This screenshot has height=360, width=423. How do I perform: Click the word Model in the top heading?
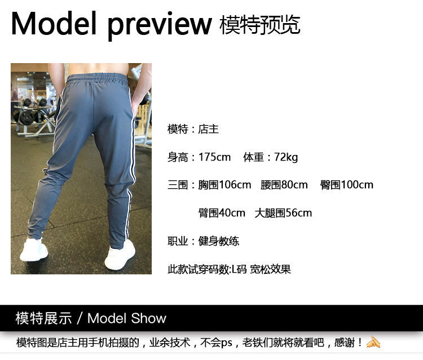[x=54, y=24]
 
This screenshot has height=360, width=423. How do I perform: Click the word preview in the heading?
[x=160, y=26]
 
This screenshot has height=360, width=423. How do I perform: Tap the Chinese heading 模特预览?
[x=260, y=25]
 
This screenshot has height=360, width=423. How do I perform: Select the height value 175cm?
[x=214, y=157]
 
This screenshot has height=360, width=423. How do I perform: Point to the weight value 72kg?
[x=286, y=157]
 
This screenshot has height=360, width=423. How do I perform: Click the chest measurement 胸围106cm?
[x=224, y=185]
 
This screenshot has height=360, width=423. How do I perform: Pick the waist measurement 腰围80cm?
[x=284, y=185]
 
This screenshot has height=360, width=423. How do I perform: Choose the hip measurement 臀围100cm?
[x=347, y=185]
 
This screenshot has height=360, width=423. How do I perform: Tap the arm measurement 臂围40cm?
[x=222, y=213]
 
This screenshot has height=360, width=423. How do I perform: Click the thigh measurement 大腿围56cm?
[x=283, y=213]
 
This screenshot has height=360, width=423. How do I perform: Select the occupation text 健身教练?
[x=218, y=241]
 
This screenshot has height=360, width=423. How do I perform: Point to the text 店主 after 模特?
[x=208, y=129]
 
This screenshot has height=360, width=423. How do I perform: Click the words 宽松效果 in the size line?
[x=270, y=269]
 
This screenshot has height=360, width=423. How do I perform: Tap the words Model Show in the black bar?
[x=127, y=318]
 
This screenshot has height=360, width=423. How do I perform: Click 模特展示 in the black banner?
[x=43, y=318]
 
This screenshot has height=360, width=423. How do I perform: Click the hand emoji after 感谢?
[x=373, y=342]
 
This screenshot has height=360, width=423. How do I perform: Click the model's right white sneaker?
[x=120, y=255]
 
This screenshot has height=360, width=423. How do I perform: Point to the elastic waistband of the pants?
[x=96, y=78]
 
